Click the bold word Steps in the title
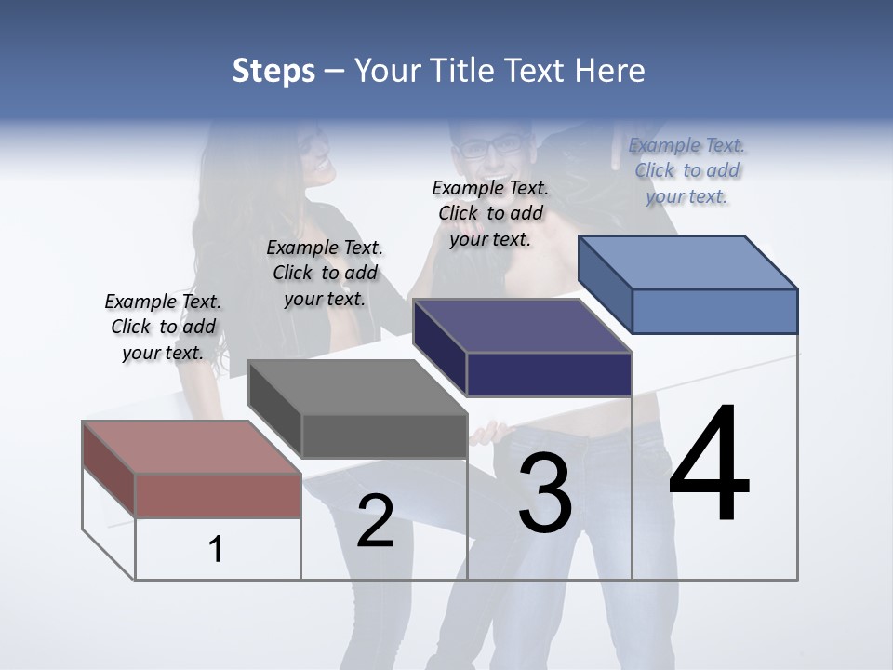(x=273, y=71)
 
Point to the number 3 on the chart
(x=545, y=493)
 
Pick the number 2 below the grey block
(x=375, y=521)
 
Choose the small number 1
(x=216, y=549)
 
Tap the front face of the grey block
(x=385, y=436)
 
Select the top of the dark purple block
(x=522, y=327)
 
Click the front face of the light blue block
(x=714, y=311)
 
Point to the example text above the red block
(x=163, y=327)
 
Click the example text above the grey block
(x=325, y=273)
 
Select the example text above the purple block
(x=490, y=213)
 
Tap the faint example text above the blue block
(x=686, y=170)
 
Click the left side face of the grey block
(x=274, y=409)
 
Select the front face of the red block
(x=219, y=495)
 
